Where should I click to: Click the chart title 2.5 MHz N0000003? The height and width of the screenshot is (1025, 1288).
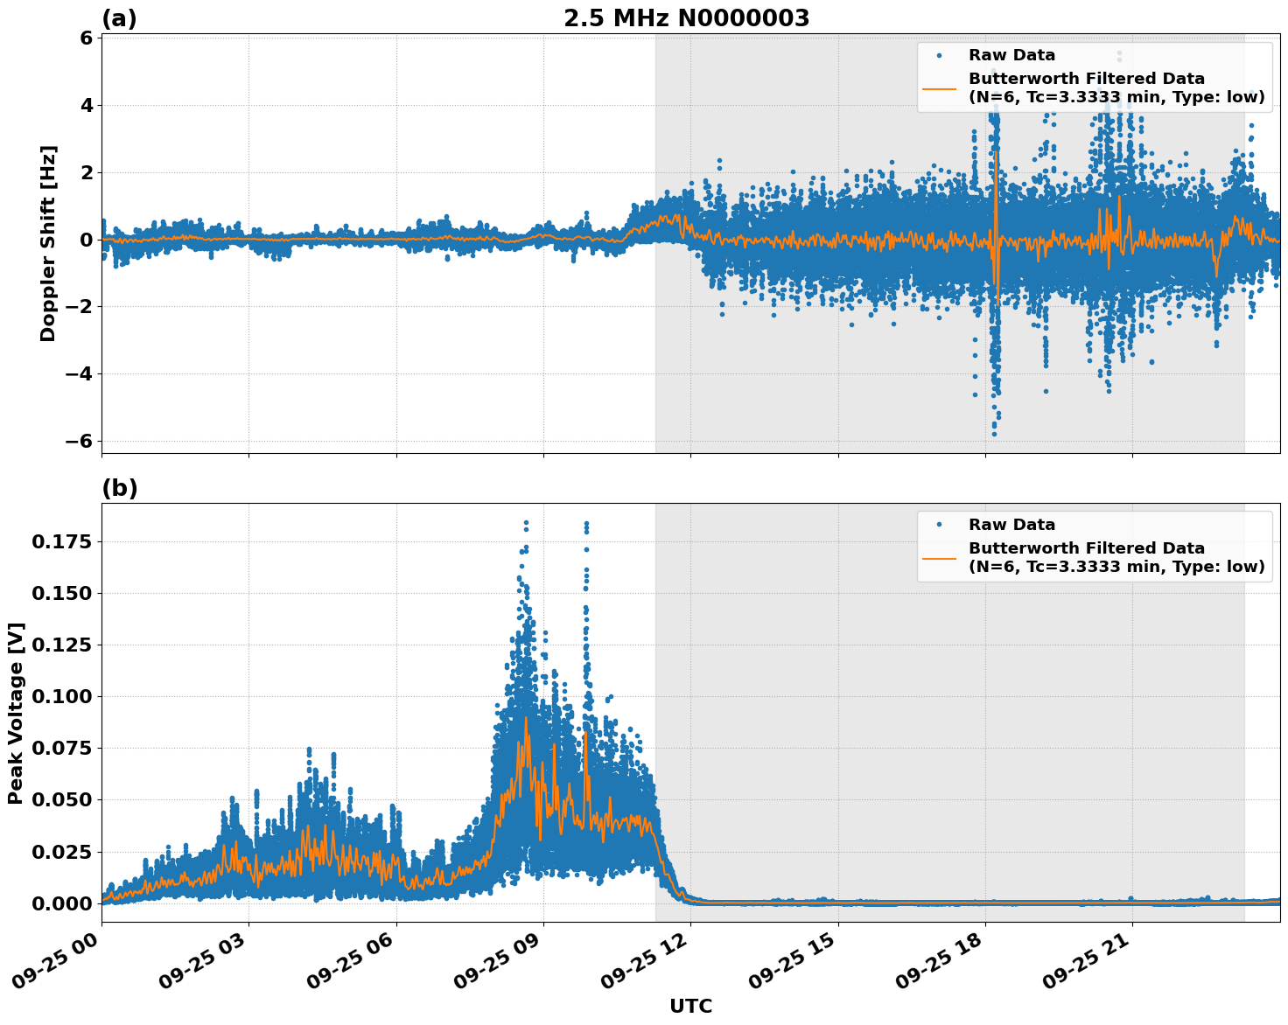point(686,18)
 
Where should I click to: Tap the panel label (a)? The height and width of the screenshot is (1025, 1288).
point(119,18)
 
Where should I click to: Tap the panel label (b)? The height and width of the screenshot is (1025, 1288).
point(119,488)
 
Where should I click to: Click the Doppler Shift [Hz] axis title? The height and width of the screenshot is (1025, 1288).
point(48,243)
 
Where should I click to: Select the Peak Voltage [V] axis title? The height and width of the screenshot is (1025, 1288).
point(16,713)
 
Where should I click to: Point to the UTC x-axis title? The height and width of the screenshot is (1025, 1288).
point(690,1006)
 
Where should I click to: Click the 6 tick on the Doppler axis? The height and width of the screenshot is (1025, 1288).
point(86,38)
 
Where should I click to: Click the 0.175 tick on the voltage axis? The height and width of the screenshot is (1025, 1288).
point(61,542)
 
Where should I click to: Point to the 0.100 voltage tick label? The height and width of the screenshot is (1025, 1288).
point(61,697)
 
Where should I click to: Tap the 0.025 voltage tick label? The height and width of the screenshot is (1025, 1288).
point(61,852)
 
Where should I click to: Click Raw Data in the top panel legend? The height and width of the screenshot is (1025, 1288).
point(1011,55)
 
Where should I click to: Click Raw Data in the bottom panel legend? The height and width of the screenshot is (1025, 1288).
point(1011,525)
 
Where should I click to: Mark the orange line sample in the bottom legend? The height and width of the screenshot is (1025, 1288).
point(939,557)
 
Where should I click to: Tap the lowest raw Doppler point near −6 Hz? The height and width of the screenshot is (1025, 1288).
point(993,434)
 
